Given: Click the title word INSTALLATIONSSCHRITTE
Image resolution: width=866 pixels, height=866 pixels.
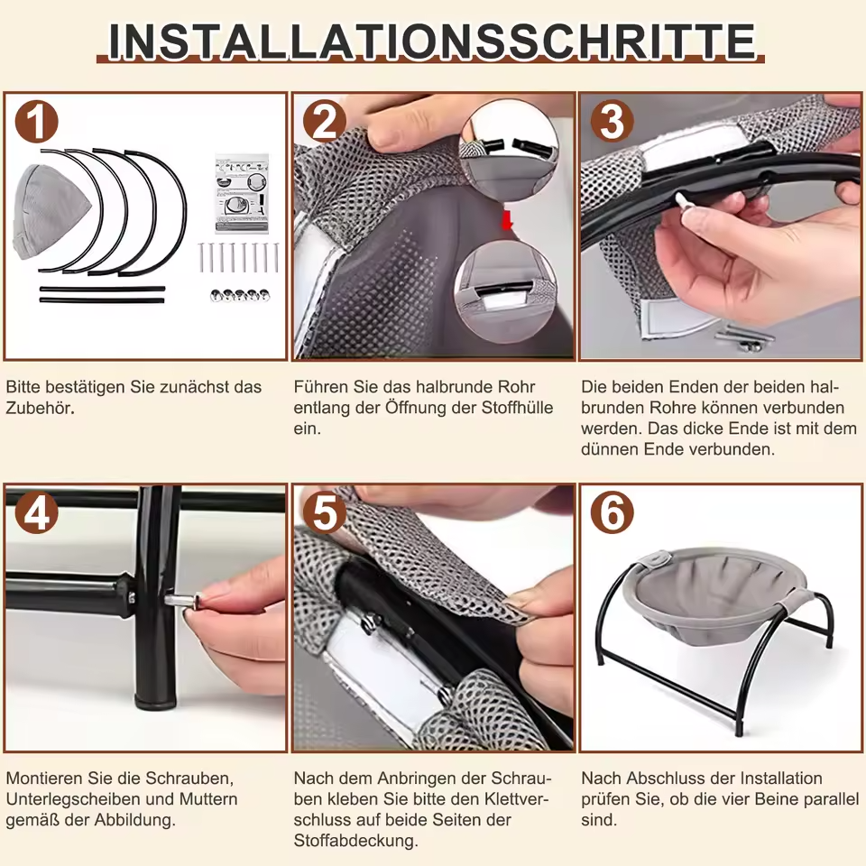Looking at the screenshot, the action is [431, 41].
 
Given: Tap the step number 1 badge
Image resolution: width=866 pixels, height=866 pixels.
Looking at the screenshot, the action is [36, 122].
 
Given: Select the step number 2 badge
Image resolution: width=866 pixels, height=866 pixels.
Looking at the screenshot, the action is [324, 122].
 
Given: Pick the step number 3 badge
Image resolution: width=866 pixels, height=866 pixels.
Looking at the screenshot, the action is [612, 122].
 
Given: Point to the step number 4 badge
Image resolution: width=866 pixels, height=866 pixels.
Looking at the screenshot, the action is [36, 512].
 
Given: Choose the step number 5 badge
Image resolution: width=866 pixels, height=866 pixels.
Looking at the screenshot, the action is [324, 512].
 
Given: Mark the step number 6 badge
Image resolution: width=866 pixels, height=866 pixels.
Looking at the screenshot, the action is [612, 512].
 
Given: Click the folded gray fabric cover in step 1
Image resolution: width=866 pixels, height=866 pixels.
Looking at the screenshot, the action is [50, 213].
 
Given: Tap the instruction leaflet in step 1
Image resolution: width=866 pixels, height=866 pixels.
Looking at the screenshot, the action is [242, 193].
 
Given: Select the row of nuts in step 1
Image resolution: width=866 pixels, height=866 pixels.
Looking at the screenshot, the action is [240, 296].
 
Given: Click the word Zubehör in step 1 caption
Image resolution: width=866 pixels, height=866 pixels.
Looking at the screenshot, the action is [39, 408].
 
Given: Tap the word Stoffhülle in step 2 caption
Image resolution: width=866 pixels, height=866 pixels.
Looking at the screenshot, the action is [517, 408].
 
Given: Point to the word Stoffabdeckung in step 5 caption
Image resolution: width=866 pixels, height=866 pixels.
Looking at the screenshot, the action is [355, 841].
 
